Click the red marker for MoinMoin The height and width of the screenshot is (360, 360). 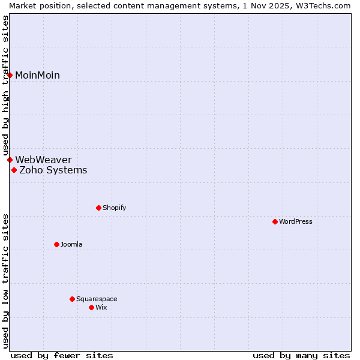10,75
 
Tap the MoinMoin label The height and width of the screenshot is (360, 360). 37,75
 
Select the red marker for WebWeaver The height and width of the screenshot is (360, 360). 10,160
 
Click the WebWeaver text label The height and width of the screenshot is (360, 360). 43,160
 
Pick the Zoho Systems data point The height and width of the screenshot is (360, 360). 14,170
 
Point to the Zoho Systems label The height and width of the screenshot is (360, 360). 53,170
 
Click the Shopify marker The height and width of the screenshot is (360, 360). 98,208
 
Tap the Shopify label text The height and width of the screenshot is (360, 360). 114,208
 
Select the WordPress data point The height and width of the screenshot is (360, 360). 275,221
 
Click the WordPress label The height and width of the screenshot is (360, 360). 295,221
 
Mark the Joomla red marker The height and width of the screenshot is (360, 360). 56,244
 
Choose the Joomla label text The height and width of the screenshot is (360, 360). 71,244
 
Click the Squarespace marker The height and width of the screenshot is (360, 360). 72,299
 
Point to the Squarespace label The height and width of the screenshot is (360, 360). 97,299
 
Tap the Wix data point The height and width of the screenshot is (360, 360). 91,307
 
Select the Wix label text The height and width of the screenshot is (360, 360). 101,307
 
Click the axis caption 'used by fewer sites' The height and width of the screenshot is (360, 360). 62,355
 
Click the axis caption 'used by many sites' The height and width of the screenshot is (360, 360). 301,355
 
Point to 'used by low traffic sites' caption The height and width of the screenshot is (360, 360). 6,280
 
